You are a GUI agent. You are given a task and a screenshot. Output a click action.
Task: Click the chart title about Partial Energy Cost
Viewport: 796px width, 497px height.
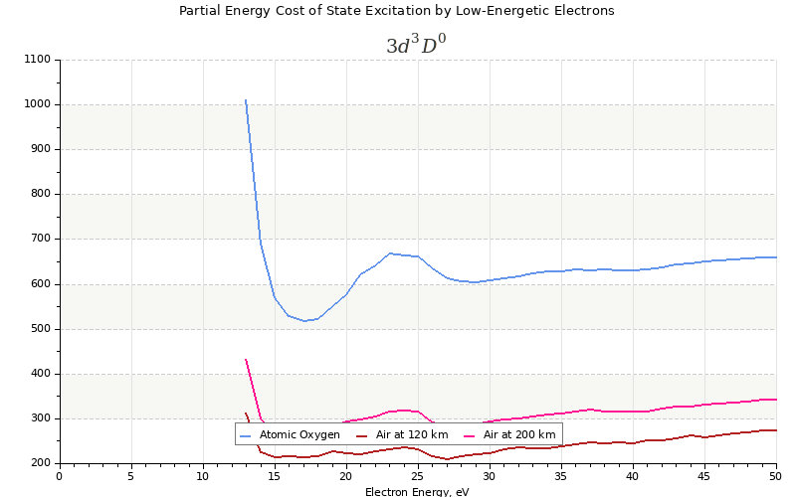click(396, 11)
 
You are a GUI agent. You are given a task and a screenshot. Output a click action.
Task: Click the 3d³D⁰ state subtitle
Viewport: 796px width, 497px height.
click(416, 46)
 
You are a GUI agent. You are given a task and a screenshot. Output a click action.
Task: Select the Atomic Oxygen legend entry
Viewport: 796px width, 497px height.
click(299, 434)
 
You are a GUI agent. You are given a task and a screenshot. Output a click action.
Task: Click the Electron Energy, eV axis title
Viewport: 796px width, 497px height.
click(417, 491)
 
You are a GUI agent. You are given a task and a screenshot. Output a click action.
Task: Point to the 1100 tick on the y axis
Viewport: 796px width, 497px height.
click(37, 60)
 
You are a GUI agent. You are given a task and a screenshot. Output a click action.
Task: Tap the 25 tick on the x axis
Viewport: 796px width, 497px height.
click(418, 476)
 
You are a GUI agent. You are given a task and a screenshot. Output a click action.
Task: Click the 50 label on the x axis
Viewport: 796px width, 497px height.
click(775, 476)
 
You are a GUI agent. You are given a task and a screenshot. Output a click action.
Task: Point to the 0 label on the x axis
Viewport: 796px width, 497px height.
click(60, 476)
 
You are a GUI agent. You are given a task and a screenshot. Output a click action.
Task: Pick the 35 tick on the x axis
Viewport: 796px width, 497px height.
click(561, 476)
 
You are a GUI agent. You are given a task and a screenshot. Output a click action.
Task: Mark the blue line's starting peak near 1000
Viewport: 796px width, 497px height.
click(246, 100)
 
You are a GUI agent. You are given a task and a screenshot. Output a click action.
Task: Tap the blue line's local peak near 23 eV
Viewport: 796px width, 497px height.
click(389, 253)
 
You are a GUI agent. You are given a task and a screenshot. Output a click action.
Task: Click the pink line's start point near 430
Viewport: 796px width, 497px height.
click(246, 360)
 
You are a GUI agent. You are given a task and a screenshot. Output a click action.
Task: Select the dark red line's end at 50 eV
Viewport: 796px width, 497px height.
click(775, 430)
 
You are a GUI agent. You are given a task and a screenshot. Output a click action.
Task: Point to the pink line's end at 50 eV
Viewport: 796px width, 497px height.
click(775, 400)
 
